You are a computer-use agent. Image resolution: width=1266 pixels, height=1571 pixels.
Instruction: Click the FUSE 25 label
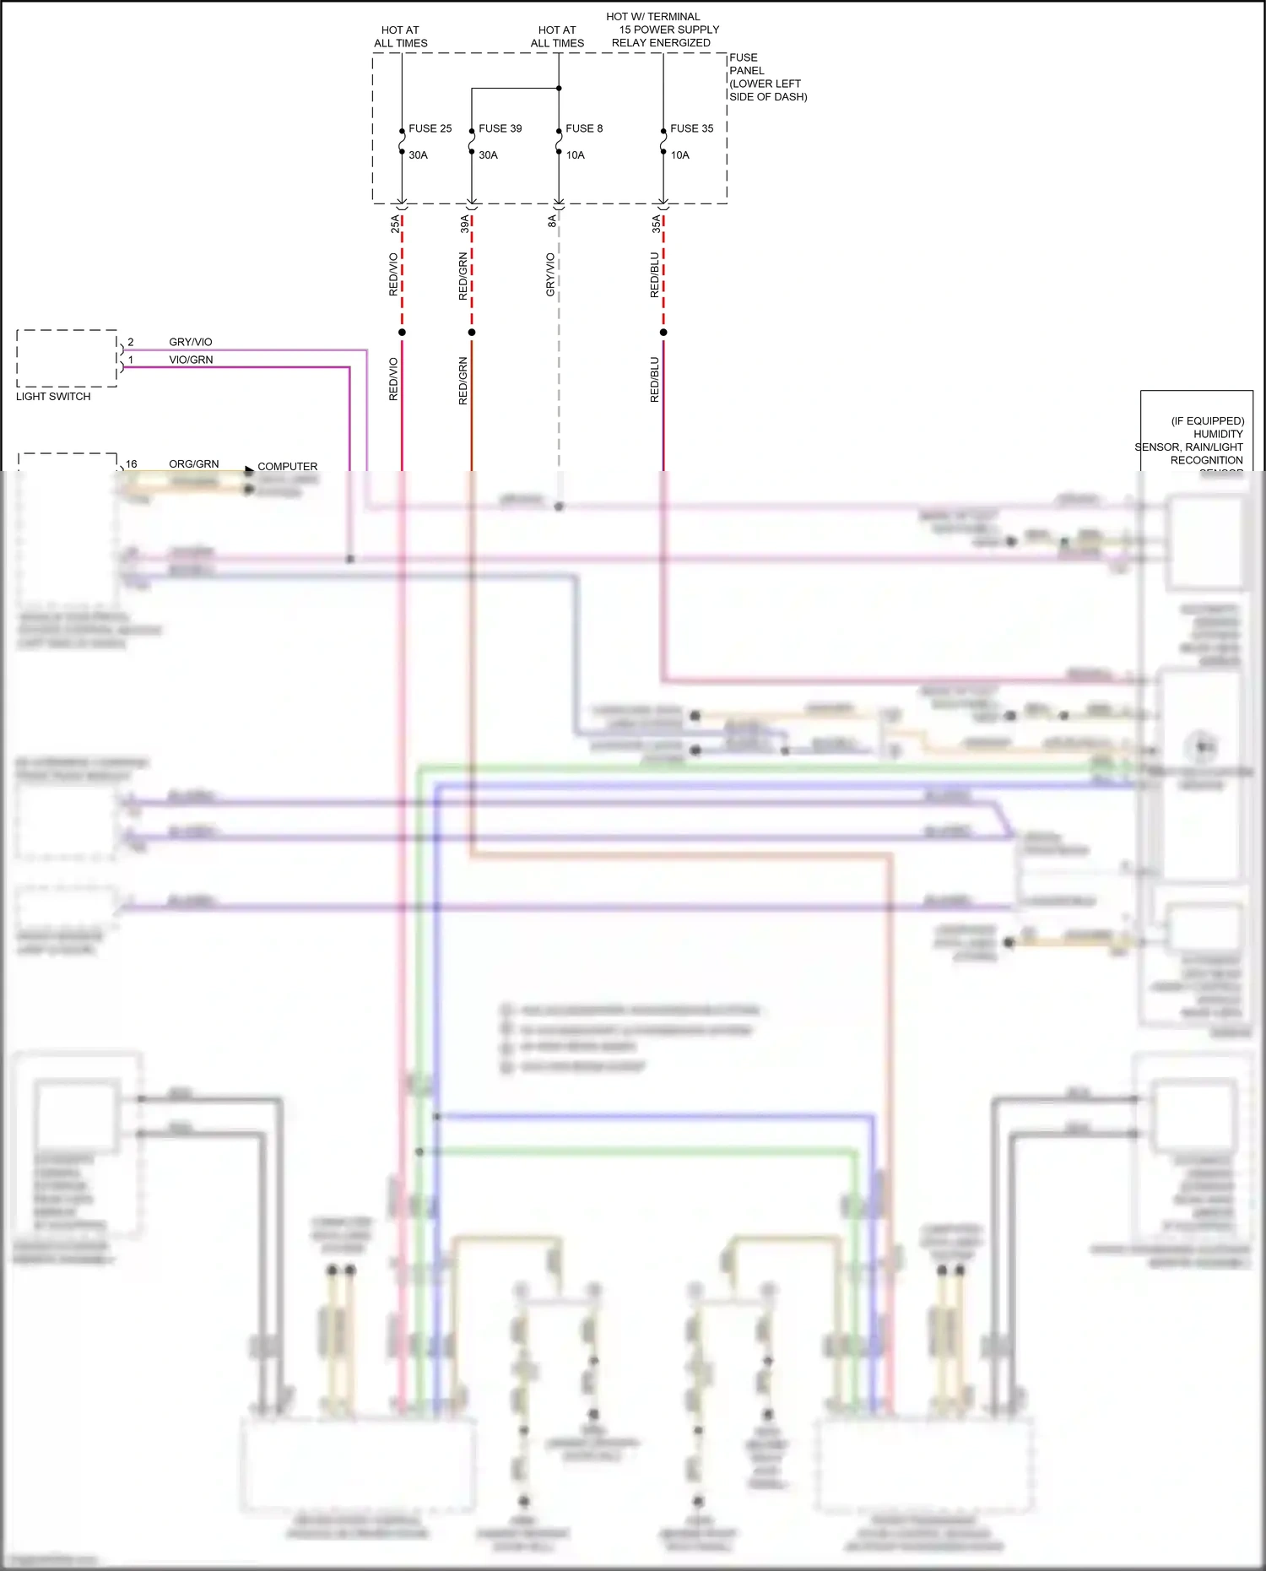[x=430, y=128]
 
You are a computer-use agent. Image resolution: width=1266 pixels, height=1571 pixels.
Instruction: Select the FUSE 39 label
[x=500, y=128]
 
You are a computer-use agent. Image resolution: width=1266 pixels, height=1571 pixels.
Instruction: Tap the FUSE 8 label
[x=583, y=128]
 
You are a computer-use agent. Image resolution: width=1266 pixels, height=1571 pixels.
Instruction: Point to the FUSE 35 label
[x=691, y=128]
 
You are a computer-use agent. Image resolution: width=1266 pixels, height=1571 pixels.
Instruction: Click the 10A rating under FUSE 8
[x=575, y=155]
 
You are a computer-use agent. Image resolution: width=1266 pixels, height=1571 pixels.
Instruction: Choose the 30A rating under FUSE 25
[x=418, y=155]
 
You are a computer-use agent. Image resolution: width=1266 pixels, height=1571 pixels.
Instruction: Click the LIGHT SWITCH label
[x=53, y=396]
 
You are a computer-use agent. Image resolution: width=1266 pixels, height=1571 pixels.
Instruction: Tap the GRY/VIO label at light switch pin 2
[x=190, y=342]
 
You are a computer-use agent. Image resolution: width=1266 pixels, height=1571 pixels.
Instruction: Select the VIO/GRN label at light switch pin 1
[x=191, y=360]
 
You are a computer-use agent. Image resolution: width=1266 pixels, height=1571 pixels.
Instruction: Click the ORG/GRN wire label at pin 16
[x=193, y=463]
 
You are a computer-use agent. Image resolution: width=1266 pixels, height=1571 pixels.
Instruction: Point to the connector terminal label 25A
[x=395, y=224]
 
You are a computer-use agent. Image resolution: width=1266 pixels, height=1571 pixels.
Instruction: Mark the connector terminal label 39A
[x=465, y=224]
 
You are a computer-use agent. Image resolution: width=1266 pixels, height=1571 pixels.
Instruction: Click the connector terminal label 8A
[x=552, y=221]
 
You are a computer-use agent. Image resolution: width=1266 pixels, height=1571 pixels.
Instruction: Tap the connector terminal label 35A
[x=656, y=224]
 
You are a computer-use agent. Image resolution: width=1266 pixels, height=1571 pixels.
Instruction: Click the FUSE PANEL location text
[x=767, y=77]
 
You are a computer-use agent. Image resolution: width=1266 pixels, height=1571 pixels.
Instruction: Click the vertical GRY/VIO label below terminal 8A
[x=550, y=274]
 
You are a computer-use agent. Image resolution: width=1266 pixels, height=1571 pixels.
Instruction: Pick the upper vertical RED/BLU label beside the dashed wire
[x=654, y=274]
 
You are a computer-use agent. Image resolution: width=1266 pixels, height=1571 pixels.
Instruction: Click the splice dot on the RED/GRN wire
[x=472, y=332]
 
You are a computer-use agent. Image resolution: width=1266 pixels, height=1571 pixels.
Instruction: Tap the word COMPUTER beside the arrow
[x=287, y=466]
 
